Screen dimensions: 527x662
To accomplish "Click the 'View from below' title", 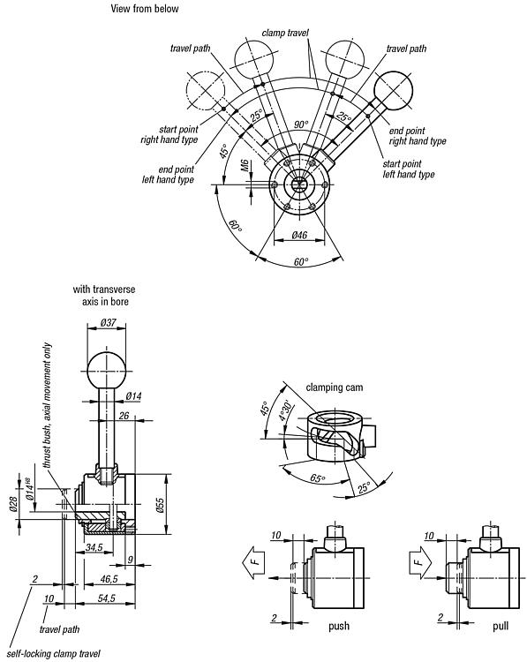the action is click(145, 9).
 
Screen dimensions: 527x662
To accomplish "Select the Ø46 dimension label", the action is click(299, 235).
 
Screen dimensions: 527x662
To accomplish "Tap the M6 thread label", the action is click(245, 165).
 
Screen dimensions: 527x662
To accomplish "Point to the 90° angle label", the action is click(302, 124).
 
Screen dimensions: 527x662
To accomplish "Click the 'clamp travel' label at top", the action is click(285, 33).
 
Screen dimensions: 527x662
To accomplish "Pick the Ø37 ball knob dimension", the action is click(108, 322).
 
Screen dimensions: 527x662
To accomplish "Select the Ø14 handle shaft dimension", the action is click(134, 396).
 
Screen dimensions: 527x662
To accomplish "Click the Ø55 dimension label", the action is click(160, 505).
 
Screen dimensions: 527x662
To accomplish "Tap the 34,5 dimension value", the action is click(94, 547).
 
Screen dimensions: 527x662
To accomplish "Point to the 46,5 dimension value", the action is click(109, 579).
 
